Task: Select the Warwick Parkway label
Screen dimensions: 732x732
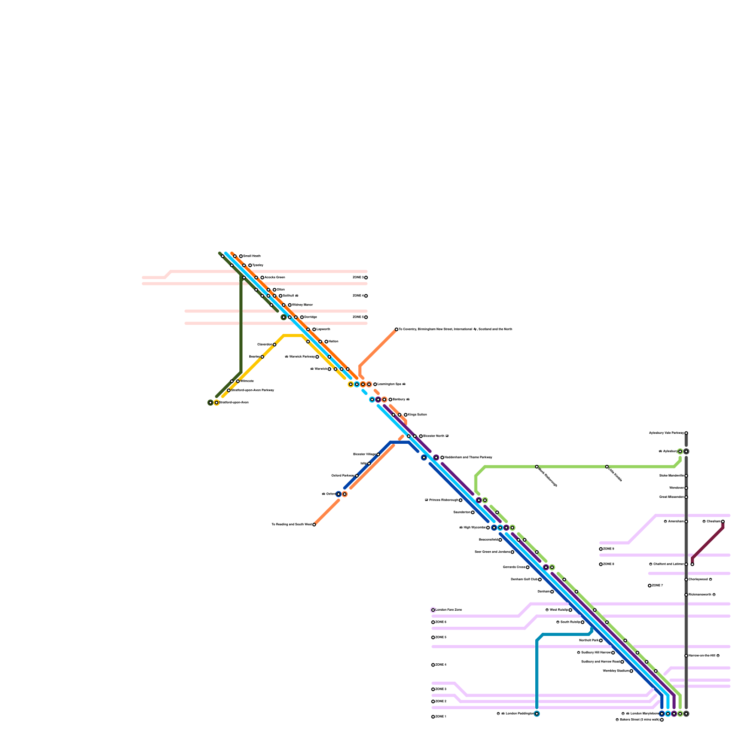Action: coord(300,357)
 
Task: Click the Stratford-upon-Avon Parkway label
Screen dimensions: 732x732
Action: coord(252,390)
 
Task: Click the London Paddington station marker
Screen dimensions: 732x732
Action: coord(537,714)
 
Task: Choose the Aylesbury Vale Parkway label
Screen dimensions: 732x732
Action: coord(666,433)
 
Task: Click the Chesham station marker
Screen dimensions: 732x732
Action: coord(723,522)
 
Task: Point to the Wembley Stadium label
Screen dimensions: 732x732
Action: coord(615,671)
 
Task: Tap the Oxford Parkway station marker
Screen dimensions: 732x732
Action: coord(357,476)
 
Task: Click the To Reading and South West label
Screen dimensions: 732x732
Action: coord(291,525)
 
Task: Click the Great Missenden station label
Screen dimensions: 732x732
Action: coord(671,497)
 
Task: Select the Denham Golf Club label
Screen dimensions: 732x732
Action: coord(524,580)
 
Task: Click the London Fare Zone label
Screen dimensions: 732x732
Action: coord(448,610)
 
